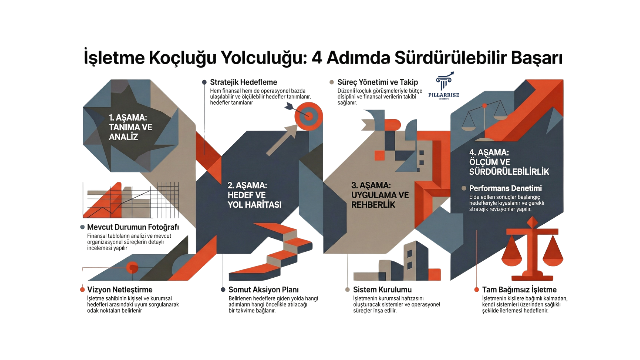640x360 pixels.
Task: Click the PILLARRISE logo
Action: pyautogui.click(x=444, y=87)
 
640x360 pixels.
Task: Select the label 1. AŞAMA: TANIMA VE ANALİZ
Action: pyautogui.click(x=131, y=127)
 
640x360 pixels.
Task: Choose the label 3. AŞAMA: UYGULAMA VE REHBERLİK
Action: pyautogui.click(x=380, y=195)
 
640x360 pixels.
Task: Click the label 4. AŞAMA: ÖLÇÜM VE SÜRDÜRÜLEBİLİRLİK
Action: pyautogui.click(x=509, y=162)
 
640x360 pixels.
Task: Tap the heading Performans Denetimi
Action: pyautogui.click(x=505, y=189)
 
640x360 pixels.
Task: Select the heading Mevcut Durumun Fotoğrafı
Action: pyautogui.click(x=133, y=227)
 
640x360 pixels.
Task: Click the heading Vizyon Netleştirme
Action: pyautogui.click(x=119, y=290)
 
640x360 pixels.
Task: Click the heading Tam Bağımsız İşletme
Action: pyautogui.click(x=519, y=290)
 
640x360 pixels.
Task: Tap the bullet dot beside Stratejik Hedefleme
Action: pyautogui.click(x=204, y=82)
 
